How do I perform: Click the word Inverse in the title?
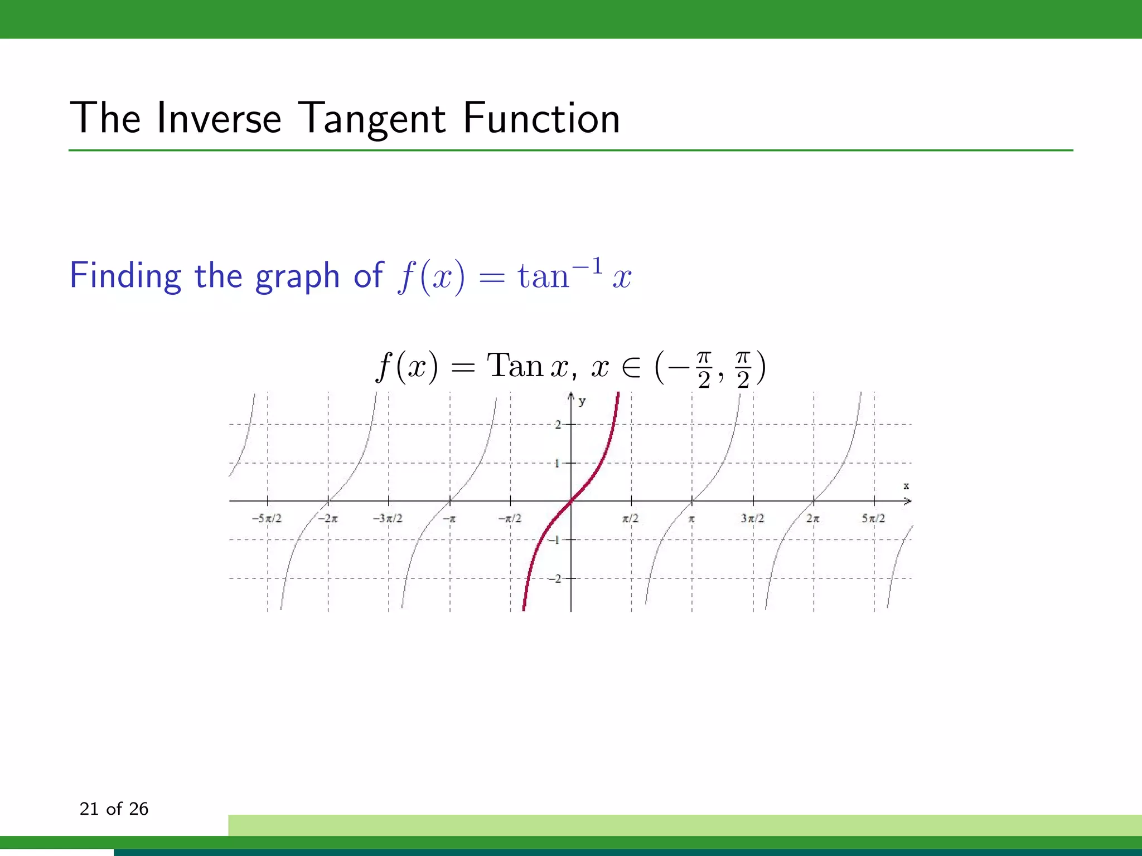tap(219, 119)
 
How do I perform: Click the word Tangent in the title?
tap(372, 119)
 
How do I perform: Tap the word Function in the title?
tap(541, 119)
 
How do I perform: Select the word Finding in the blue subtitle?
tap(125, 276)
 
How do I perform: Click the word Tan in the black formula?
tap(515, 366)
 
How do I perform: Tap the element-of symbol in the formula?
tap(631, 368)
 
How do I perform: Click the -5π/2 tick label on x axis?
tap(267, 518)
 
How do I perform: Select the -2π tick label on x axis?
tap(328, 518)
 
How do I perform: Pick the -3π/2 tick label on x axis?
tap(388, 518)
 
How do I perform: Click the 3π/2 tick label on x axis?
tap(752, 518)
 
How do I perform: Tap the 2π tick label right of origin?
tap(812, 518)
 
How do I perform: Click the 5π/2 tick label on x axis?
tap(873, 518)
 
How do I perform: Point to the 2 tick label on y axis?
tap(558, 425)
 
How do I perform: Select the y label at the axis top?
tap(582, 401)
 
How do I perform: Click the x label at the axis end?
tap(906, 486)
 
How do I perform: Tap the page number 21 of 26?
tap(114, 809)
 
